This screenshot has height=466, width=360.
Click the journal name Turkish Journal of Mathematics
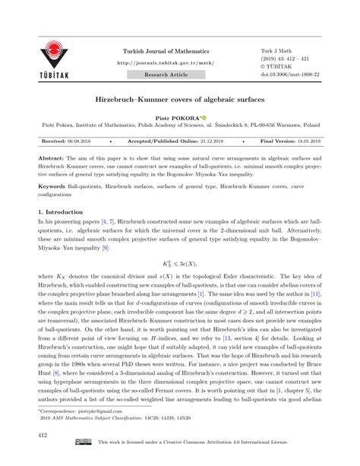point(164,51)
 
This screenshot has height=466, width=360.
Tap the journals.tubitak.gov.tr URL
point(164,63)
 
